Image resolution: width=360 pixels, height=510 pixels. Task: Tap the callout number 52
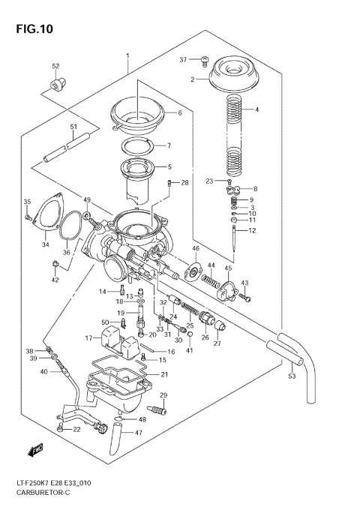coord(55,67)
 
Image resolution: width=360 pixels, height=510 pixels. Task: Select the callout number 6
coord(179,113)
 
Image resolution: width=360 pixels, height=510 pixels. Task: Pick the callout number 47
coord(138,433)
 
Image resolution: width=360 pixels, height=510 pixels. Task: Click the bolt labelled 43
coord(244,298)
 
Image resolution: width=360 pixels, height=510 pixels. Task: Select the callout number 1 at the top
coord(127,56)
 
